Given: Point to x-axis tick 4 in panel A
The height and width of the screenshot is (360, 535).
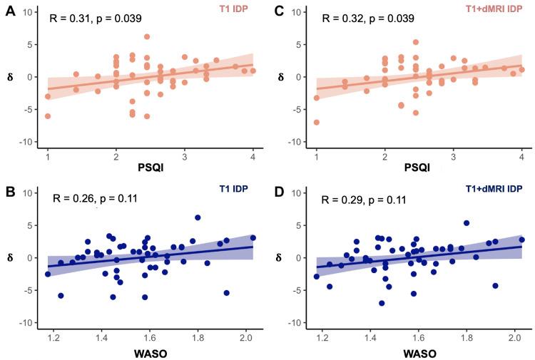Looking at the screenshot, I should (x=253, y=155).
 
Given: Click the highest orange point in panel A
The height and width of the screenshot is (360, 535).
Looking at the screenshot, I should (x=147, y=37).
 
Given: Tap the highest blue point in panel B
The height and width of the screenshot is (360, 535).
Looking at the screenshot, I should (x=198, y=217).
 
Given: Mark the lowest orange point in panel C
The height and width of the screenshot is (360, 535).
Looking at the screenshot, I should (x=316, y=123).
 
